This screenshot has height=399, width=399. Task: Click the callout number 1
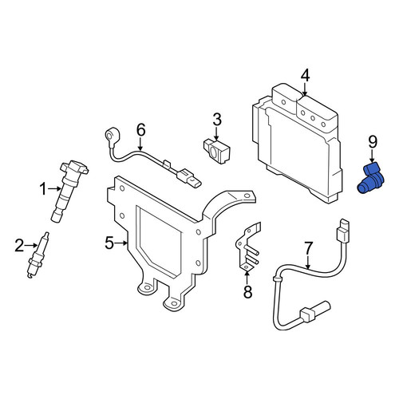43,189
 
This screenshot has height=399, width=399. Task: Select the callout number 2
19,246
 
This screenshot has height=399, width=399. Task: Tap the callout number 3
217,120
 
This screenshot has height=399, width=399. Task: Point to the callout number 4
306,75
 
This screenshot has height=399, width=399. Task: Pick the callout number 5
109,243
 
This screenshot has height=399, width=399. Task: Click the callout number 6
141,130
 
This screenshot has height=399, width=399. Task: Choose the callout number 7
308,249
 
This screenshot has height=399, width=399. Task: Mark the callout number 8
247,292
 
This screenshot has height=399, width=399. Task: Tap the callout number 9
373,142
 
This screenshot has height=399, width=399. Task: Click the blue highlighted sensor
370,178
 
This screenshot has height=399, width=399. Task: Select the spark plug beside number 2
38,255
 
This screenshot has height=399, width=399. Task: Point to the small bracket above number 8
247,247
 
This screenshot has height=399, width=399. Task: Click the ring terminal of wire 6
111,135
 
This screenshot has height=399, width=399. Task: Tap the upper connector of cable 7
342,231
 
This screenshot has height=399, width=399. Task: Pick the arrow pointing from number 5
121,243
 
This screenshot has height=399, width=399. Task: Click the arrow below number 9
373,156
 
